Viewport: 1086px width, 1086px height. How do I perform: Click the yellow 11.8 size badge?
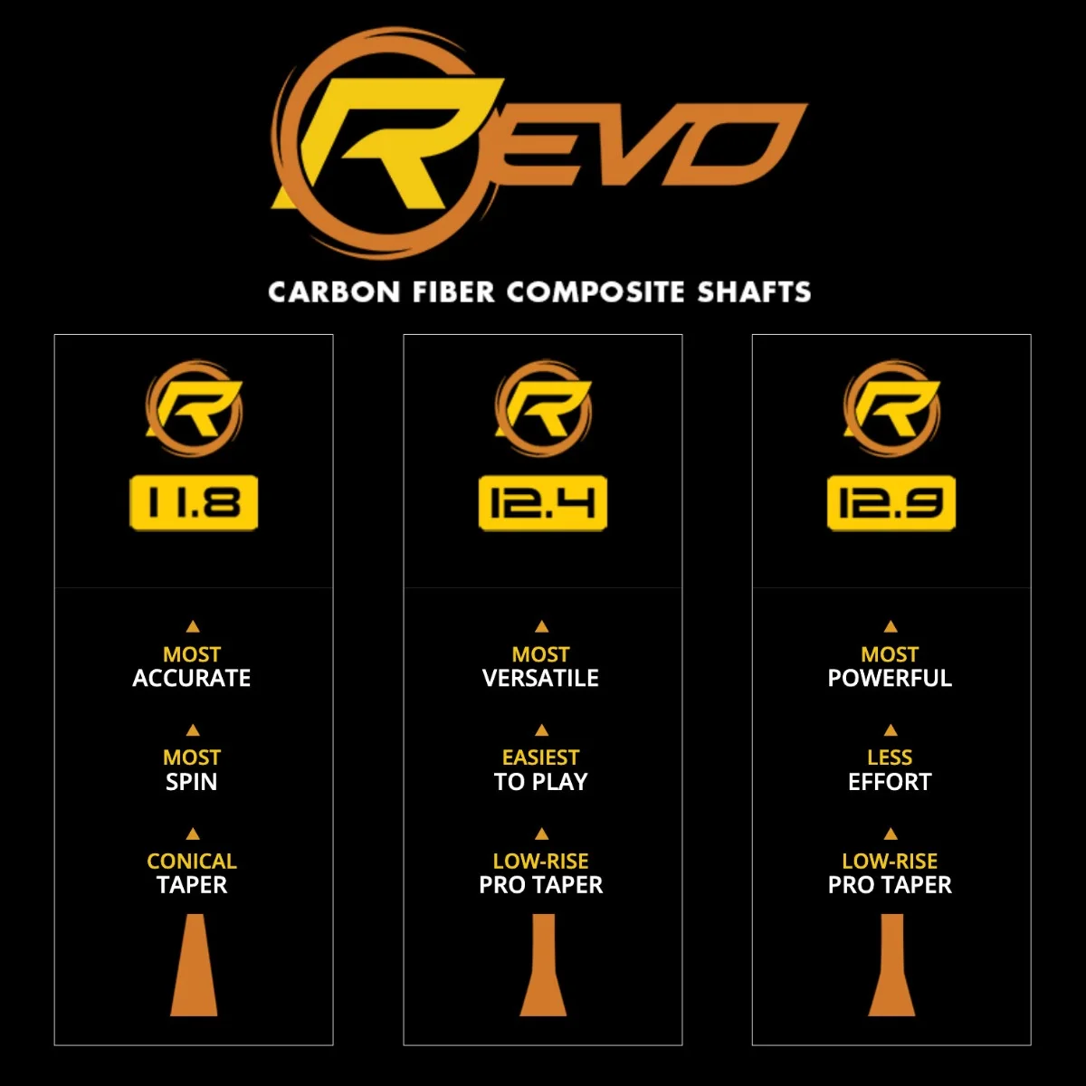tap(194, 502)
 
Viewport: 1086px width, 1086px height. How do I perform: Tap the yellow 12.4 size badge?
tap(543, 502)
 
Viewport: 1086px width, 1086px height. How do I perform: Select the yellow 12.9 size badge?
tap(891, 502)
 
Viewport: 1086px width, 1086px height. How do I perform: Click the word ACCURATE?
tap(192, 678)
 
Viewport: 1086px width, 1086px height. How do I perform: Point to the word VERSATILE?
tap(540, 678)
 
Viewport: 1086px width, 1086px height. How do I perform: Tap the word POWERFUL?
tap(890, 678)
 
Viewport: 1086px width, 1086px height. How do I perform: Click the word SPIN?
tap(192, 782)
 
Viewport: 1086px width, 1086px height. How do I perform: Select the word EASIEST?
tap(540, 757)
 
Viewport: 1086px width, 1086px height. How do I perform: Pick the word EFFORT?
tap(890, 782)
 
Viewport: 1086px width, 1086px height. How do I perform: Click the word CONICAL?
tap(192, 862)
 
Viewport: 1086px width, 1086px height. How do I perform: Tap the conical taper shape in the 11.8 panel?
tap(194, 965)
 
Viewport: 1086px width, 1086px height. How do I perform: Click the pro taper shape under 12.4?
tap(543, 965)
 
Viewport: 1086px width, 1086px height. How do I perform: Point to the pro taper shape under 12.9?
tap(891, 965)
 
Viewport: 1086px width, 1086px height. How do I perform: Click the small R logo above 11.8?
tap(194, 408)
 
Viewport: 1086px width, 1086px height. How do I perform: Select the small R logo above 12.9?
tap(891, 408)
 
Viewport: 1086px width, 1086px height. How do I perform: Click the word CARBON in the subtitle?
tap(334, 292)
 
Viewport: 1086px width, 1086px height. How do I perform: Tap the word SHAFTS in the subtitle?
tap(754, 292)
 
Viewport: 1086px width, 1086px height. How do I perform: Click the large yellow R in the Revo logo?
tap(389, 142)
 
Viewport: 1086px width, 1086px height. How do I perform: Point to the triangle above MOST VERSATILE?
tap(541, 626)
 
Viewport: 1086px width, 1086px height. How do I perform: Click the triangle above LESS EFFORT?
tap(891, 729)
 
